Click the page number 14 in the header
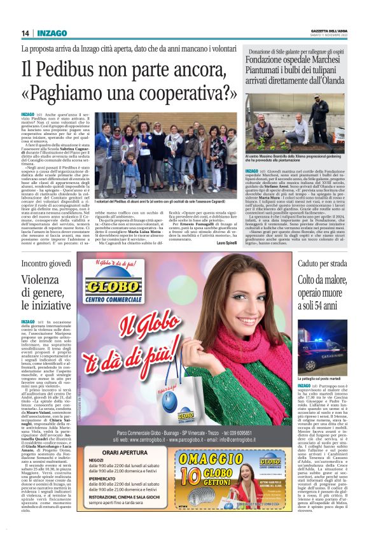pyautogui.click(x=25, y=32)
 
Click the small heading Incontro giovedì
pyautogui.click(x=46, y=263)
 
